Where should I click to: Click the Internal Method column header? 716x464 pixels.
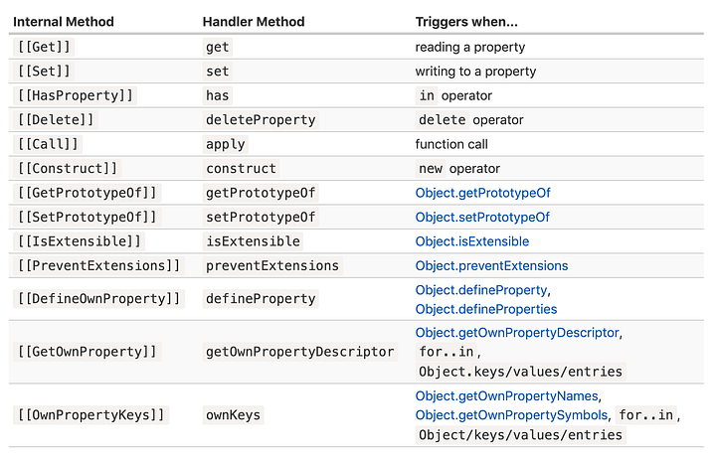pyautogui.click(x=64, y=21)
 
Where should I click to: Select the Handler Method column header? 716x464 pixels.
pyautogui.click(x=254, y=21)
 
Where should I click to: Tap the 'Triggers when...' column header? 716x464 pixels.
pyautogui.click(x=467, y=21)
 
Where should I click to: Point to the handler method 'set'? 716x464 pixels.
pyautogui.click(x=218, y=72)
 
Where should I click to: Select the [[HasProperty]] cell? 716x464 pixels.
pyautogui.click(x=74, y=95)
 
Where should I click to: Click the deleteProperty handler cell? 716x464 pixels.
pyautogui.click(x=261, y=119)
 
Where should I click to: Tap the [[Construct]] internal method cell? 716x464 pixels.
pyautogui.click(x=67, y=168)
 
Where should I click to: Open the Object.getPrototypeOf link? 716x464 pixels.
pyautogui.click(x=482, y=193)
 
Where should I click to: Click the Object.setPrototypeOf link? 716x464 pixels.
pyautogui.click(x=482, y=217)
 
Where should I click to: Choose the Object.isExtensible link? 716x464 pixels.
pyautogui.click(x=472, y=241)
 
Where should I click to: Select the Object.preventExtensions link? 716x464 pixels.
pyautogui.click(x=491, y=265)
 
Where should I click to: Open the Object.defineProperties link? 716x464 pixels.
pyautogui.click(x=486, y=309)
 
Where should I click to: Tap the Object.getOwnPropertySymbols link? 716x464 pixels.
pyautogui.click(x=511, y=414)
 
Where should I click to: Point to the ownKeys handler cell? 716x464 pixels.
pyautogui.click(x=234, y=414)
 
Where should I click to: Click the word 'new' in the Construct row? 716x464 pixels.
pyautogui.click(x=431, y=168)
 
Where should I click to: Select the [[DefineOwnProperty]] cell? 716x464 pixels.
pyautogui.click(x=98, y=298)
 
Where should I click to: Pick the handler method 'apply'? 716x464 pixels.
pyautogui.click(x=226, y=144)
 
